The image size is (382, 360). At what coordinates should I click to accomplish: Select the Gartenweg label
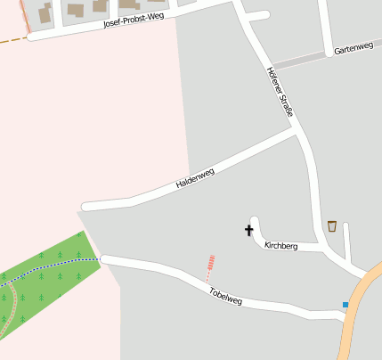(354, 50)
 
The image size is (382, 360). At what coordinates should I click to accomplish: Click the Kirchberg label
(280, 245)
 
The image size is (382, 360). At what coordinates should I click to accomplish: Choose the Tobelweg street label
(225, 296)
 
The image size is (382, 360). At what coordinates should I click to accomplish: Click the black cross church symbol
(248, 231)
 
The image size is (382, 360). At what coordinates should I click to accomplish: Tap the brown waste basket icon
(332, 225)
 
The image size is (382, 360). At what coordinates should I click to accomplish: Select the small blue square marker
(345, 305)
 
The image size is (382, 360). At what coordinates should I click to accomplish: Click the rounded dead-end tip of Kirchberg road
(256, 221)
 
